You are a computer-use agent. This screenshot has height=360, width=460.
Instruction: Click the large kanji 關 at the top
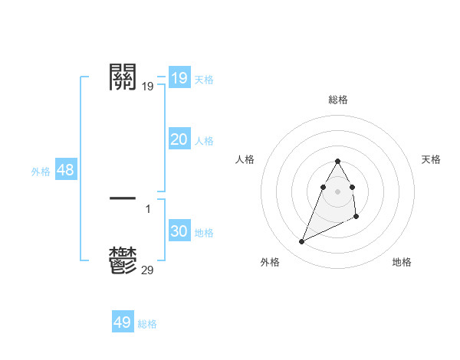click(x=123, y=77)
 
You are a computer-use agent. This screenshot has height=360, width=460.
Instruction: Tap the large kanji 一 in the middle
click(x=123, y=198)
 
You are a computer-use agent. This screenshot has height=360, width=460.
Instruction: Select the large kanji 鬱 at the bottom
click(x=123, y=260)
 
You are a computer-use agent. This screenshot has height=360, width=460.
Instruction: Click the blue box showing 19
click(x=179, y=78)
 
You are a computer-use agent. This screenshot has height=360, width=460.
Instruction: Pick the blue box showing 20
click(x=179, y=139)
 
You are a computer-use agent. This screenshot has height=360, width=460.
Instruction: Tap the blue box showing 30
click(x=179, y=232)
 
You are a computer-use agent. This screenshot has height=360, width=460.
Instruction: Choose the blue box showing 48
click(x=65, y=170)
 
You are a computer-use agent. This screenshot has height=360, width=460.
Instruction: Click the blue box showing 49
click(x=123, y=322)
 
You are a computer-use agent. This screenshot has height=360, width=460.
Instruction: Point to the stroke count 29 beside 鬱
click(x=148, y=270)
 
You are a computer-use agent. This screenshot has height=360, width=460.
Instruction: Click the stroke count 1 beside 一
click(x=148, y=208)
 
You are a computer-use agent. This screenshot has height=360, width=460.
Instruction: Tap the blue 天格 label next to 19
click(x=204, y=80)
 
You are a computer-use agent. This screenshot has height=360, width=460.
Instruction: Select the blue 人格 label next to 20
click(x=204, y=141)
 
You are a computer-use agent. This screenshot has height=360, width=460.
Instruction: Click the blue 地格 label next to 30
click(x=204, y=233)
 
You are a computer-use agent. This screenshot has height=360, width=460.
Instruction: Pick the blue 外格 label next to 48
click(x=41, y=172)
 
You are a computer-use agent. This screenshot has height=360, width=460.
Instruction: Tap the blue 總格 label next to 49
click(x=147, y=324)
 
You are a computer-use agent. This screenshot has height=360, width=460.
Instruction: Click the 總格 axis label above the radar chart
click(x=338, y=100)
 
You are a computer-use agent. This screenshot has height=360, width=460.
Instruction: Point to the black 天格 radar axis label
click(x=432, y=159)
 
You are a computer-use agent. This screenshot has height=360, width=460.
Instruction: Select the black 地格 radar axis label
click(x=402, y=262)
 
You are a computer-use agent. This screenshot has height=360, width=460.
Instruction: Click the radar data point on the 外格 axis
click(x=302, y=242)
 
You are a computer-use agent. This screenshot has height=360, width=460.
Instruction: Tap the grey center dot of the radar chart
click(x=338, y=191)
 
